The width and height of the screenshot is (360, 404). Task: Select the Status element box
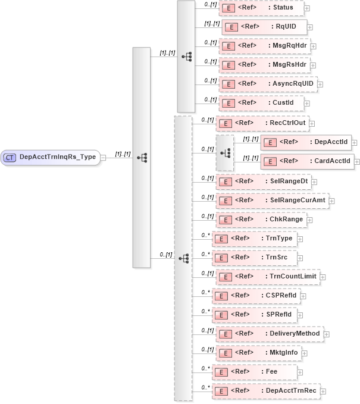click(261, 8)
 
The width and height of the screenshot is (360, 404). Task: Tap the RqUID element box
click(264, 27)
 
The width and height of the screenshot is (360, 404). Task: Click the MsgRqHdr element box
click(264, 46)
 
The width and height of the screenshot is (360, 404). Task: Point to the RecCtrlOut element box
click(262, 123)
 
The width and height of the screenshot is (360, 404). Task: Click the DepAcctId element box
click(307, 142)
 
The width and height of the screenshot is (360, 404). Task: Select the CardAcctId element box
click(307, 161)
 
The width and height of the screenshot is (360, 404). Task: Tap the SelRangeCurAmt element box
click(271, 201)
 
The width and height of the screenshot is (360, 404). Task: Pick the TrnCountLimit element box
click(267, 277)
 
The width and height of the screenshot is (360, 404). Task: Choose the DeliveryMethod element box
click(269, 334)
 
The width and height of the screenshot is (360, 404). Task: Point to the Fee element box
click(254, 372)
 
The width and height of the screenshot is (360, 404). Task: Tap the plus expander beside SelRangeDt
click(314, 181)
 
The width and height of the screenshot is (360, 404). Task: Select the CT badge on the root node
click(10, 158)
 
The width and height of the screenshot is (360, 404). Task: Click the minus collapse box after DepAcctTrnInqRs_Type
click(104, 158)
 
